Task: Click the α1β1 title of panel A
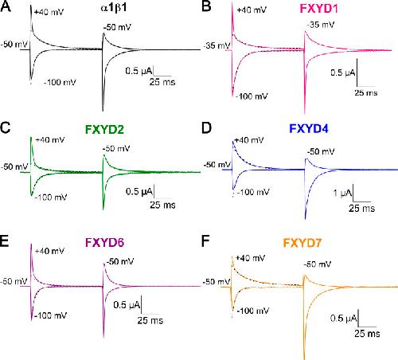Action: click(114, 8)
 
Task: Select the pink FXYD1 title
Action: click(318, 9)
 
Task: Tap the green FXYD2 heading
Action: click(104, 130)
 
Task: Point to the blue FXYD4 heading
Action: click(309, 128)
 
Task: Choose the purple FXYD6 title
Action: click(104, 242)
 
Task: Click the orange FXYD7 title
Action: click(302, 243)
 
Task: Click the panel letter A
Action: click(6, 6)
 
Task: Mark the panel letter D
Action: click(207, 128)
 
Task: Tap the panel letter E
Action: click(5, 241)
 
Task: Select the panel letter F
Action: click(205, 241)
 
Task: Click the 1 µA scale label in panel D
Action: click(343, 193)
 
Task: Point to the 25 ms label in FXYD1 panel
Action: click(366, 93)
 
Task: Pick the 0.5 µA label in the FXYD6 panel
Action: click(127, 305)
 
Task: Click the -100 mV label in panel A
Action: click(60, 82)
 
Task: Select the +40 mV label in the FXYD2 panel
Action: click(50, 140)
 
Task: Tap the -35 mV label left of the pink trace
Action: click(217, 45)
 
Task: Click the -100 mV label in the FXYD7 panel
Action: click(253, 311)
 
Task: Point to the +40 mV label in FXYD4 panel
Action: click(249, 140)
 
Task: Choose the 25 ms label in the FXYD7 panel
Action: click(367, 334)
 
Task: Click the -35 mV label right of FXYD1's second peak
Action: click(321, 25)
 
